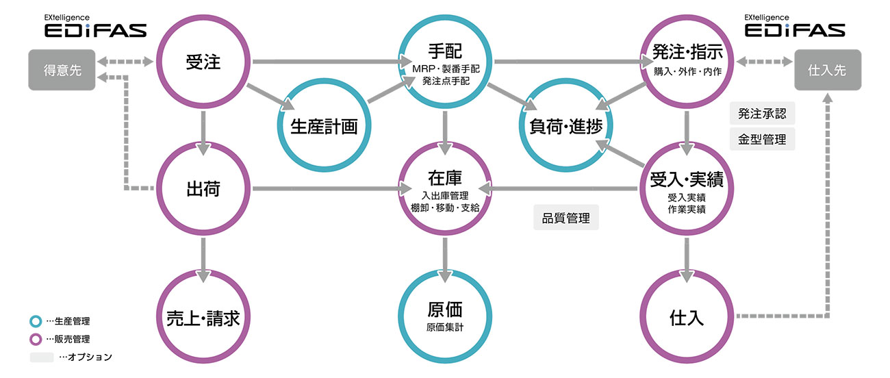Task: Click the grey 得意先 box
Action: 62,70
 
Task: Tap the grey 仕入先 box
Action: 828,70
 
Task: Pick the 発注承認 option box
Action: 762,114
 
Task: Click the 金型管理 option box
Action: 762,139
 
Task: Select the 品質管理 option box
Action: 565,218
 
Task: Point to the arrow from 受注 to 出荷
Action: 203,133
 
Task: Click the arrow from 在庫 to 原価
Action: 445,260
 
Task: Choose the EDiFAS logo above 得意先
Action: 95,26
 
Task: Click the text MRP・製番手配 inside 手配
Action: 446,68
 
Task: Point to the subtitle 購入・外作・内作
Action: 687,71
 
